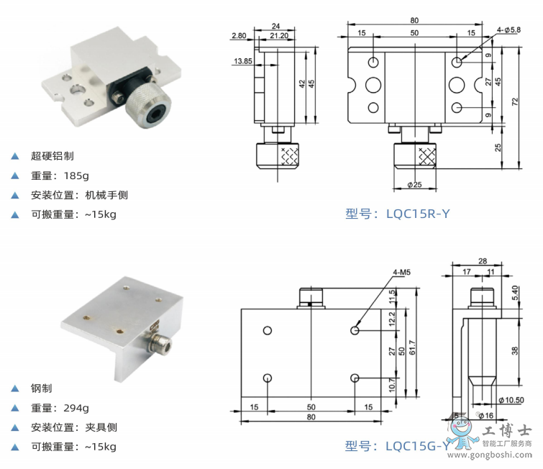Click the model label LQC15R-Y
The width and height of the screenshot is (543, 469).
pos(397,213)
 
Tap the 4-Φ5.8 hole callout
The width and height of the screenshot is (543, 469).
pos(513,29)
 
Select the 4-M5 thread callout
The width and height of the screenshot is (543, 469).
pos(402,272)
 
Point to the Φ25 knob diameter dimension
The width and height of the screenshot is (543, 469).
pos(414,185)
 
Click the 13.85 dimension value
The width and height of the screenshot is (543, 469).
pos(242,62)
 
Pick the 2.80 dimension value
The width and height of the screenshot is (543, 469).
pos(239,35)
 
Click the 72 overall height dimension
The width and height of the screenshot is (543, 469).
pos(515,103)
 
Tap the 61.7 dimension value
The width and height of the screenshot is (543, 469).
pos(411,347)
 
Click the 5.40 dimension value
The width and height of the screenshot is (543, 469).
pos(514,293)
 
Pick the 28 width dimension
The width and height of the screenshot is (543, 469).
pos(483,261)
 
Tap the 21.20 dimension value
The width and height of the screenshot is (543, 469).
pos(279,35)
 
